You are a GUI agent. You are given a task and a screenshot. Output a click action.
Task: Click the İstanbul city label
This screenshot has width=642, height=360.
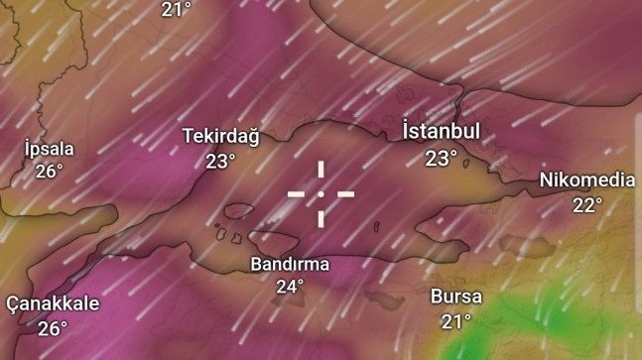coord(441,132)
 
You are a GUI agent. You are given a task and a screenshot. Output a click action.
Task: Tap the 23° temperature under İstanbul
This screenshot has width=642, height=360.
coord(441,158)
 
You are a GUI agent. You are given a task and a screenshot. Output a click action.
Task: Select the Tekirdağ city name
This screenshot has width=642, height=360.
coord(220,137)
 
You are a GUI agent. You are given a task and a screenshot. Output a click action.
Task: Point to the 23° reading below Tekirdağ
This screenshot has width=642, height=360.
coord(220,161)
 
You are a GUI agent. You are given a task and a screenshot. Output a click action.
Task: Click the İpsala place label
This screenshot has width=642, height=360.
coord(49,148)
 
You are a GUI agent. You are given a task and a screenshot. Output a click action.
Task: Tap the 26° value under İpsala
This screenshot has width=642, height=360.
coord(49,171)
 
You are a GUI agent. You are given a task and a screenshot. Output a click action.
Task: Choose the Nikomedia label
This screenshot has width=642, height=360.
coord(586,180)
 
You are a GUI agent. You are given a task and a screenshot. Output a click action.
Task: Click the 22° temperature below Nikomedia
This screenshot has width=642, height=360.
coord(586,205)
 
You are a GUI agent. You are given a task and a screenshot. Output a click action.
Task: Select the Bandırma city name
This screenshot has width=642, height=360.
coord(290,265)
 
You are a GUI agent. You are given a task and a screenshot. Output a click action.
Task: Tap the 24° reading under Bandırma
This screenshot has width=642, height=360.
coord(290,288)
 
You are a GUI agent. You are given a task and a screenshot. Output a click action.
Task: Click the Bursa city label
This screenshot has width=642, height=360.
coord(456,297)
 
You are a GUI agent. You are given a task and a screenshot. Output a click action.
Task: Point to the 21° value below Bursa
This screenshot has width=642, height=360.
coord(456,321)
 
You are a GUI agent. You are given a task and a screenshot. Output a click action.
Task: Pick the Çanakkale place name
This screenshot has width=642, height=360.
coord(53,303)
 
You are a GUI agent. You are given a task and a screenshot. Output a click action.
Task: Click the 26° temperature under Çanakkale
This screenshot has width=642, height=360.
coord(53,327)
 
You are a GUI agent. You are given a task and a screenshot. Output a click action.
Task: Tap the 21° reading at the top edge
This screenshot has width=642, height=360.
coord(176,9)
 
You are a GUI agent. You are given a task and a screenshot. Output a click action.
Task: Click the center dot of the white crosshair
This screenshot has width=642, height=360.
coord(321,193)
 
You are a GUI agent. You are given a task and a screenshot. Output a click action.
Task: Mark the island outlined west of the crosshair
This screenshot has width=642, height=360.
coord(238,211)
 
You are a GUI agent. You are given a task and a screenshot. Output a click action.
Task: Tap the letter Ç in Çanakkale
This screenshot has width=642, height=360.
coord(13,303)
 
